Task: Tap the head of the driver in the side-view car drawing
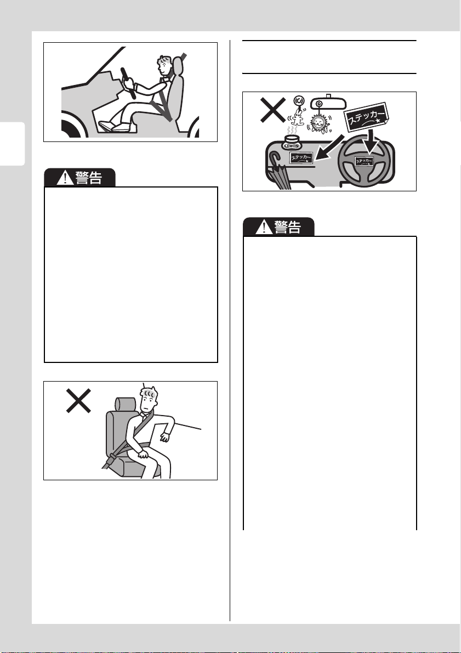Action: (x=164, y=65)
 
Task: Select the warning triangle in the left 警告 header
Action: (x=65, y=178)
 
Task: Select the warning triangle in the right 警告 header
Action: (x=263, y=228)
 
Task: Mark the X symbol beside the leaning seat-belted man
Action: (x=79, y=401)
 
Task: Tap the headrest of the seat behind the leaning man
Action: (x=125, y=404)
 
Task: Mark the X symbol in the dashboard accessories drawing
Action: (x=273, y=110)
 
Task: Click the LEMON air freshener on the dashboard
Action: (x=292, y=143)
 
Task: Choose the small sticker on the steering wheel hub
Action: (x=363, y=161)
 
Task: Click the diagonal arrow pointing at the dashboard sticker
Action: (x=330, y=147)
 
